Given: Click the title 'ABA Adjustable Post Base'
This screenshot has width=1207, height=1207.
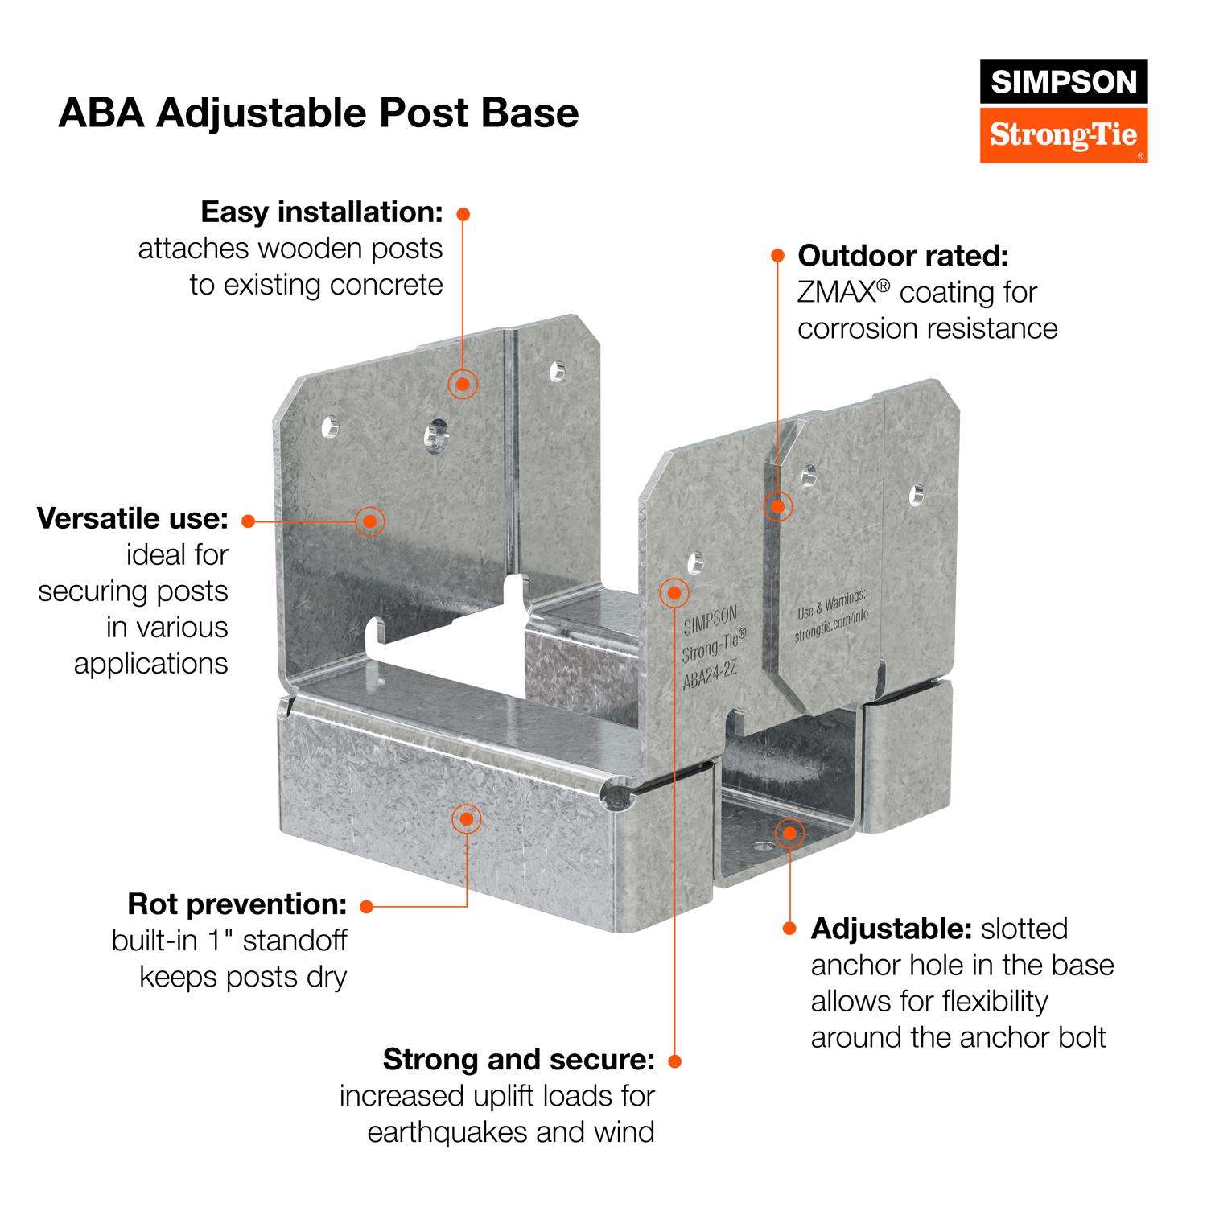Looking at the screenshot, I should point(318,113).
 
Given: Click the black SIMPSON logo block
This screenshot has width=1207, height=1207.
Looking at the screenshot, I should point(1063,81).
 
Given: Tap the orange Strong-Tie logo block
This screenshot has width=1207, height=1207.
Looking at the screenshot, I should point(1063,134).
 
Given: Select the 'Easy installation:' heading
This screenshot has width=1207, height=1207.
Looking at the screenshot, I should point(322,212).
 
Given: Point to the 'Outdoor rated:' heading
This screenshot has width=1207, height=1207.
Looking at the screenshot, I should point(903,256).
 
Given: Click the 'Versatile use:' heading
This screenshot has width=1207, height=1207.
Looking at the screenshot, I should point(133,518).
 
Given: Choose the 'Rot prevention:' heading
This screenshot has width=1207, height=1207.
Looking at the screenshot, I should point(237,904).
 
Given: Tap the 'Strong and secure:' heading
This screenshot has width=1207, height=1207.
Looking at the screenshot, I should point(519,1060).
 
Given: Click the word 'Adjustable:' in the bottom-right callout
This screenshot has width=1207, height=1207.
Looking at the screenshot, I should point(891,929).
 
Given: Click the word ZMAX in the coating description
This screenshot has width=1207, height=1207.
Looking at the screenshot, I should point(837,292).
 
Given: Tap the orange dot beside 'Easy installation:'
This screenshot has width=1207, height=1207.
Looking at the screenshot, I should point(463,214).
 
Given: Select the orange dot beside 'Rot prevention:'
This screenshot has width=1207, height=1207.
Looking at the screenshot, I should point(366,906).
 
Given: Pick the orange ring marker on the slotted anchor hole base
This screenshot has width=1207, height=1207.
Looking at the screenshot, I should point(789,833).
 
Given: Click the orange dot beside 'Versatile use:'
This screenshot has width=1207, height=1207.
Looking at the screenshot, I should point(248,521).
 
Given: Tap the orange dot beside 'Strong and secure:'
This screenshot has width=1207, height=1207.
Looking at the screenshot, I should point(674,1061).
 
